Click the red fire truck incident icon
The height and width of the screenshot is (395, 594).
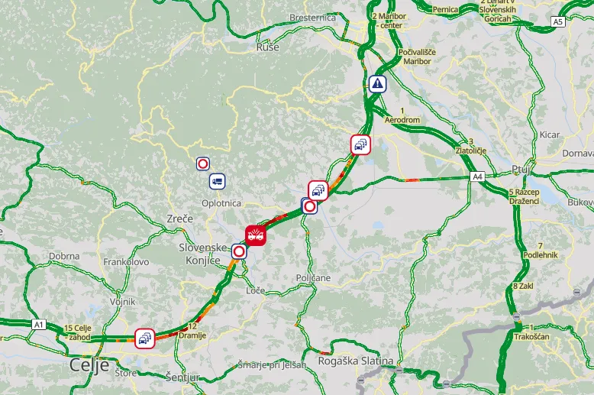256,235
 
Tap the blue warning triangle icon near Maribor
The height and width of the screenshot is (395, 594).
376,84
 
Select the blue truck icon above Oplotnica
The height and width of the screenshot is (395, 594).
218,181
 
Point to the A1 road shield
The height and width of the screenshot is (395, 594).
38,325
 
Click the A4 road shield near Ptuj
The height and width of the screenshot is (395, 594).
477,177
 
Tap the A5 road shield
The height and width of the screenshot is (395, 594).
558,22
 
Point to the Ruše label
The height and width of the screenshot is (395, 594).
268,47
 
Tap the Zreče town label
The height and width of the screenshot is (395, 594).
179,219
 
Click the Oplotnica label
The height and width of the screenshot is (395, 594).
221,203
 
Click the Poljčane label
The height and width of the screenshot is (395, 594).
313,278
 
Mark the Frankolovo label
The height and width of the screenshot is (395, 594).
127,262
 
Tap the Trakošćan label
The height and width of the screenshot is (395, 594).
531,336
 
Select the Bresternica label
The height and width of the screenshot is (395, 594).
313,17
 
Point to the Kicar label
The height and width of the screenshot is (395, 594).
550,134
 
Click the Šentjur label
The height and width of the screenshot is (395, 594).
182,377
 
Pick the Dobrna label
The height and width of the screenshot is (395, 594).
64,256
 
